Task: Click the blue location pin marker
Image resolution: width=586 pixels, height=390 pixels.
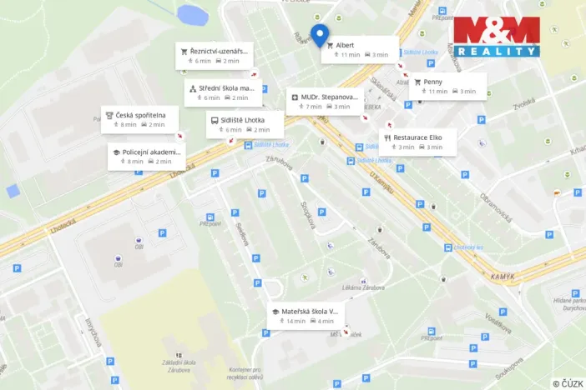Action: pos(319,34)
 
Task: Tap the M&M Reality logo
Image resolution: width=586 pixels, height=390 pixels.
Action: pos(497,37)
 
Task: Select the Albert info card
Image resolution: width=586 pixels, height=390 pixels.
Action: pos(360,49)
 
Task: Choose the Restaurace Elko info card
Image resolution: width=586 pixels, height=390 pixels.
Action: pos(419,142)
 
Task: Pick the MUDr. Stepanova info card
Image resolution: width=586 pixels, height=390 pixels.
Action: pos(326,101)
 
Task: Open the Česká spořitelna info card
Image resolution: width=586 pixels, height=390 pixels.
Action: pos(140,118)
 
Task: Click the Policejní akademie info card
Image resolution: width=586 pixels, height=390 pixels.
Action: pos(145,156)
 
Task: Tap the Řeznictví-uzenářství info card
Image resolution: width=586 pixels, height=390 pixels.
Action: pos(213,55)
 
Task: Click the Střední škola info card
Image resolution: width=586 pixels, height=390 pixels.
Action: pos(223,92)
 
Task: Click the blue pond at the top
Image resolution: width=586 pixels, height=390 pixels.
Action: pos(192,14)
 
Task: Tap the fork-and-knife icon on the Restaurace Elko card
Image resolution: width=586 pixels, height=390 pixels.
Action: pos(387,137)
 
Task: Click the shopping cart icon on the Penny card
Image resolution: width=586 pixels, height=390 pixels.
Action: pos(417,82)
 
